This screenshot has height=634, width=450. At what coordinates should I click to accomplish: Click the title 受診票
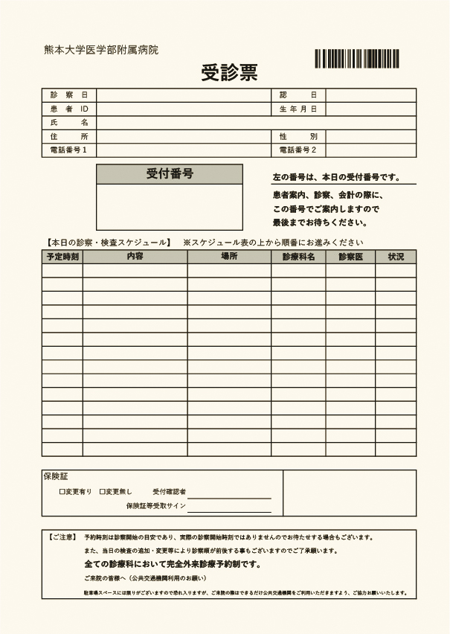pyautogui.click(x=229, y=72)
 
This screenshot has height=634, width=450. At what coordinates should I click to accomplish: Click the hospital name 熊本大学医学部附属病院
pyautogui.click(x=101, y=50)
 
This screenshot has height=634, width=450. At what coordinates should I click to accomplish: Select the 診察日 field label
pyautogui.click(x=69, y=95)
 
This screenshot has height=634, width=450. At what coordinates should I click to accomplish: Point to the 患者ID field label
pyautogui.click(x=69, y=109)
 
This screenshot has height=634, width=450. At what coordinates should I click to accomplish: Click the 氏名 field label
pyautogui.click(x=69, y=123)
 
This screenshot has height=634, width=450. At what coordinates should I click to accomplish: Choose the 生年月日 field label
pyautogui.click(x=298, y=109)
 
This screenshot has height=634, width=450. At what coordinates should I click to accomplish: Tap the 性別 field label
pyautogui.click(x=298, y=137)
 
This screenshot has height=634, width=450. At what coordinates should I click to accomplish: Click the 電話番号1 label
pyautogui.click(x=69, y=150)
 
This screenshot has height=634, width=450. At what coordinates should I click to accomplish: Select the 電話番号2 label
pyautogui.click(x=298, y=150)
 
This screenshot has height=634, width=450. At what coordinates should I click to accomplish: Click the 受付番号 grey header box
pyautogui.click(x=170, y=174)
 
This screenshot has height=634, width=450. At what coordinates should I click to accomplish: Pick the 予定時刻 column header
pyautogui.click(x=62, y=257)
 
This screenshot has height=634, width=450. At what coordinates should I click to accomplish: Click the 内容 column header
pyautogui.click(x=135, y=257)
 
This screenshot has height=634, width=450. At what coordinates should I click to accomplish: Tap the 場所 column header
pyautogui.click(x=229, y=257)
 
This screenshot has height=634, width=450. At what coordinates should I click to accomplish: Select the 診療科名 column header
pyautogui.click(x=298, y=257)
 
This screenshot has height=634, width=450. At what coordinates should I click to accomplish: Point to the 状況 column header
pyautogui.click(x=396, y=257)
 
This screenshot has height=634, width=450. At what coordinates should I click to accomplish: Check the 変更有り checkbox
pyautogui.click(x=62, y=492)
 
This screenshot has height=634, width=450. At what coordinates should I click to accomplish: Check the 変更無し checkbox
pyautogui.click(x=102, y=492)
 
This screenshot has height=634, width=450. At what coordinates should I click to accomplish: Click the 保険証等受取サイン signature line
pyautogui.click(x=229, y=511)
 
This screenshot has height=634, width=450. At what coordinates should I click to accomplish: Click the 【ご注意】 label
pyautogui.click(x=61, y=537)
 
